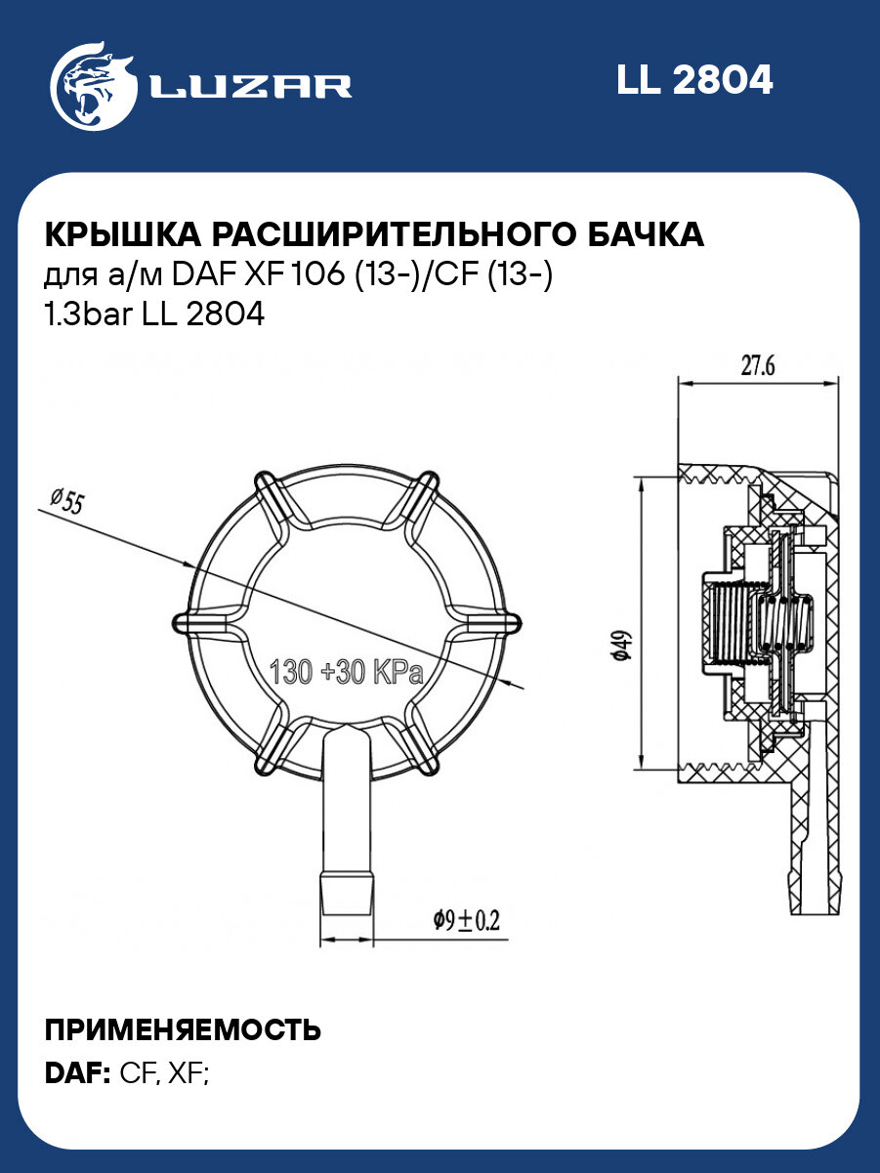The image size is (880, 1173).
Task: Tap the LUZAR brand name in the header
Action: tap(250, 86)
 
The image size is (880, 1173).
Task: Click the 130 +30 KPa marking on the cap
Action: tap(346, 673)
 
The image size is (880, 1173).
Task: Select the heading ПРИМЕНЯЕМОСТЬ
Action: tap(183, 1030)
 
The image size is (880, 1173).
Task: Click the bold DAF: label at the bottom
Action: tap(77, 1073)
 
